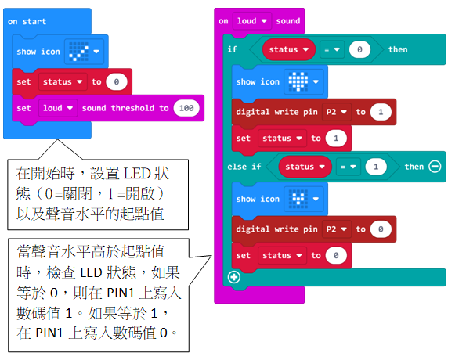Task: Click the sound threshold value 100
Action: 186,108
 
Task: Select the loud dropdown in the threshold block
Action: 58,108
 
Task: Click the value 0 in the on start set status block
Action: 117,81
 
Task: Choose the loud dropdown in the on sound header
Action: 252,21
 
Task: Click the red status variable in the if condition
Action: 288,49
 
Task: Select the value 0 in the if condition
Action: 359,49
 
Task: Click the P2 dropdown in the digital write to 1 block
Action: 337,112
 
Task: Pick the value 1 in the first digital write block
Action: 381,112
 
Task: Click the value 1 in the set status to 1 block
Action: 336,138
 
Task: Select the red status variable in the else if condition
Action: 305,167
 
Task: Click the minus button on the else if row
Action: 435,167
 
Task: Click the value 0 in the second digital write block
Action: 381,229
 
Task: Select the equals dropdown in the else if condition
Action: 348,167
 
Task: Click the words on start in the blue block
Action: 27,21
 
